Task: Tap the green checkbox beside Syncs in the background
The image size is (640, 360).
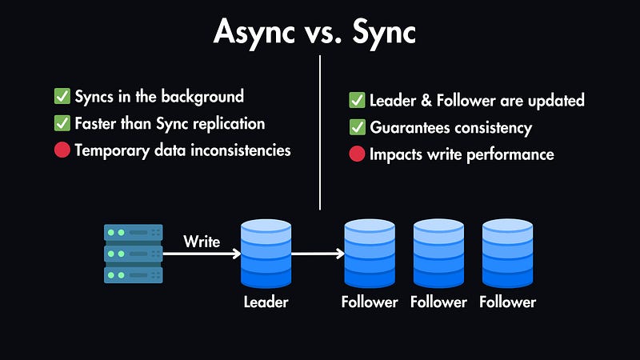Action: tap(62, 97)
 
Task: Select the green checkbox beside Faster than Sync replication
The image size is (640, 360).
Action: tap(62, 124)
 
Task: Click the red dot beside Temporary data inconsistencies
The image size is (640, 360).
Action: tap(62, 150)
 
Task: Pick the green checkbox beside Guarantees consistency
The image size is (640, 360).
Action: tap(357, 127)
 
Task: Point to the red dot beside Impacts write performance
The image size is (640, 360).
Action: tap(357, 154)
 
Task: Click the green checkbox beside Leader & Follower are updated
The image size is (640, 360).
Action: tap(357, 101)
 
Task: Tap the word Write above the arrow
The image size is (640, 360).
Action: tap(202, 241)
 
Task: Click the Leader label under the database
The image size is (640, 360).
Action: tap(266, 302)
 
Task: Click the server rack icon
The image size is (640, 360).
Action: tap(134, 254)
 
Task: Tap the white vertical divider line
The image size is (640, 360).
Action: tap(320, 132)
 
